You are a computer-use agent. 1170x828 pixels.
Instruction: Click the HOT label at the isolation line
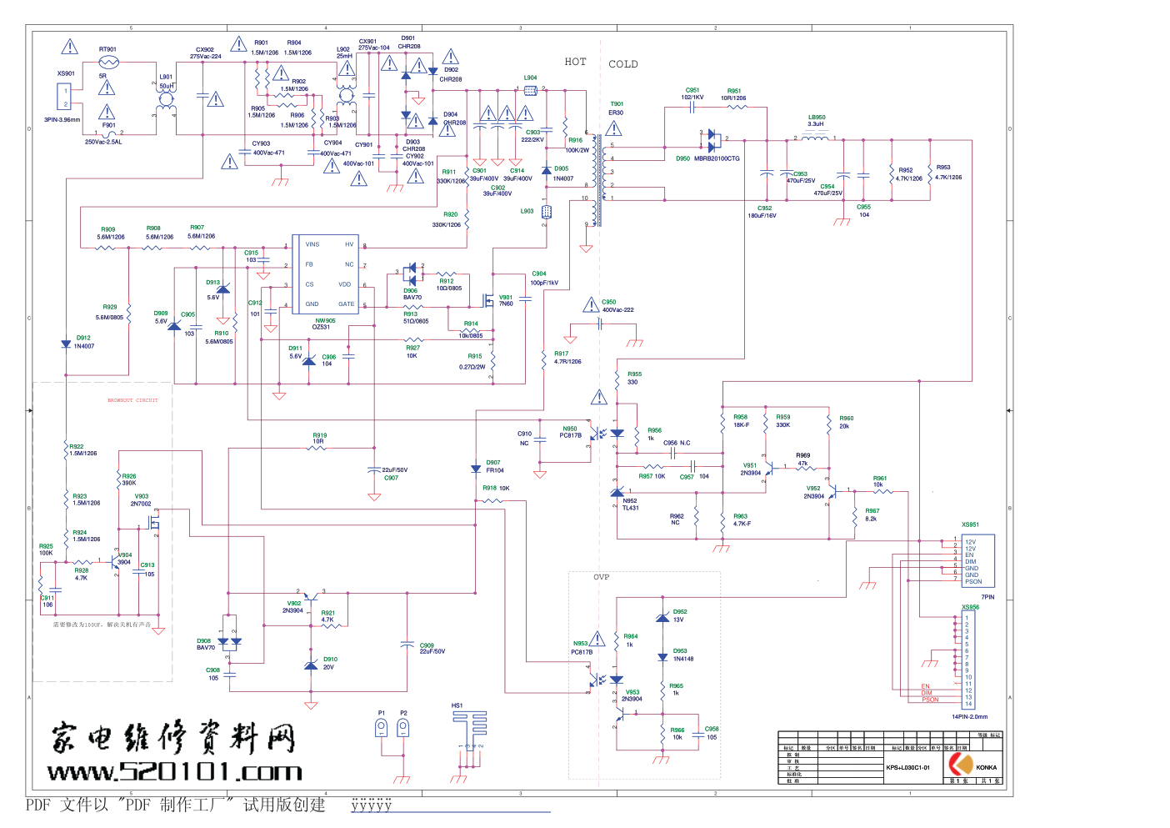point(575,62)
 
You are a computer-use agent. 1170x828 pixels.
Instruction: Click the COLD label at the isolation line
point(623,64)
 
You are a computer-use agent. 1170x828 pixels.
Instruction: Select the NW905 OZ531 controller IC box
point(325,274)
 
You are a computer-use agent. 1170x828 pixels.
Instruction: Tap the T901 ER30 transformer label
point(616,108)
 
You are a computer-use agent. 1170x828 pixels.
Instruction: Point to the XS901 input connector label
point(66,73)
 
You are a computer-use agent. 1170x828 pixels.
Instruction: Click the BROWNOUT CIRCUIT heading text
point(132,400)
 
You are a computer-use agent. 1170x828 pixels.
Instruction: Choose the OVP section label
point(601,577)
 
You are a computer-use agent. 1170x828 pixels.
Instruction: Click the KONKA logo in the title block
point(962,765)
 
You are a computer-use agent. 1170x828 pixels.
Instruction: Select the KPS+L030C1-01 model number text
point(907,767)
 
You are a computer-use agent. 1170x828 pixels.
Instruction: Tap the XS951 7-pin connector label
point(970,524)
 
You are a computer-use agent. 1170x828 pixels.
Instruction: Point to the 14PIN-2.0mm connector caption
point(969,716)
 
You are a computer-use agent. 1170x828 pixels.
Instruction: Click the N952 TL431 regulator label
point(630,504)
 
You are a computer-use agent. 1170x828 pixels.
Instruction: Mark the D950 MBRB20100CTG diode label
point(707,158)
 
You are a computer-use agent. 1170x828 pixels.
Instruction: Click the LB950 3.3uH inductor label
point(817,121)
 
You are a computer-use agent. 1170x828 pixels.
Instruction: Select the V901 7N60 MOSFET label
point(506,300)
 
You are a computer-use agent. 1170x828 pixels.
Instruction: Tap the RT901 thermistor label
point(107,49)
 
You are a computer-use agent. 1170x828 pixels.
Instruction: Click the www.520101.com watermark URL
point(174,772)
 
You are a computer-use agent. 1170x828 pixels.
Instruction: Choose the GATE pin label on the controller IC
point(346,304)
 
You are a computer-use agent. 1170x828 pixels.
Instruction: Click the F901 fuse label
point(108,125)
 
